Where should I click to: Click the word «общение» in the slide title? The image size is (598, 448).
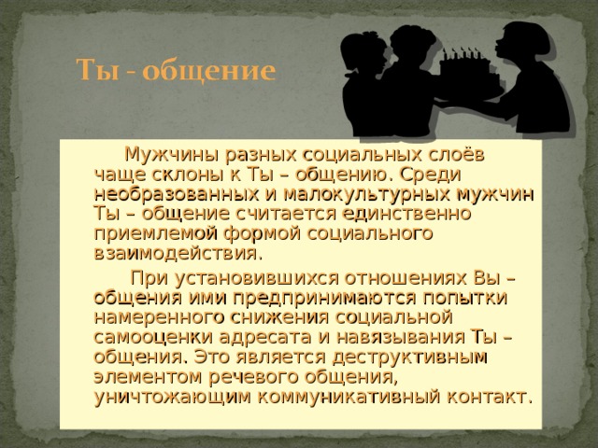pyautogui.click(x=218, y=71)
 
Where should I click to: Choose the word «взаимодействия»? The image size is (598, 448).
pyautogui.click(x=178, y=252)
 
